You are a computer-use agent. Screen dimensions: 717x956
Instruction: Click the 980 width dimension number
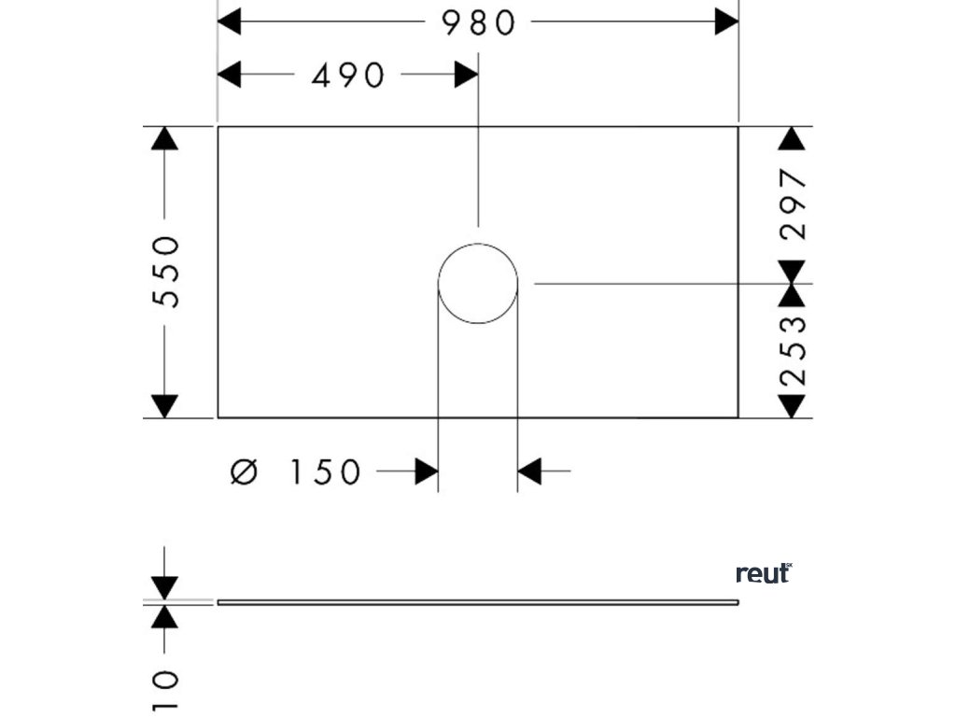tap(479, 23)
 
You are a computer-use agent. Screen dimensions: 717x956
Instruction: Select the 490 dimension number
tap(348, 76)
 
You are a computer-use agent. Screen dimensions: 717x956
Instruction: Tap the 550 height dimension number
tap(165, 272)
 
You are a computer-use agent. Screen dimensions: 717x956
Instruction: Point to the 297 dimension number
tap(793, 204)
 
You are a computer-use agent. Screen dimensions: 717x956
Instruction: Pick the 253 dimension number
tap(793, 351)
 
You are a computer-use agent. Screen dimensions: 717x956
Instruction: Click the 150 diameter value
tap(323, 472)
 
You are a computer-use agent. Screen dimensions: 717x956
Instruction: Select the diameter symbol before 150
tap(242, 472)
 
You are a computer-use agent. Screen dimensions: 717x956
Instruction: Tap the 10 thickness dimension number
tap(165, 690)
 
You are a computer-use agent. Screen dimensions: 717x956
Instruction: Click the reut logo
tap(763, 573)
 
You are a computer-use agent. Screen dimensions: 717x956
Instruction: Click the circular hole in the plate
tap(478, 284)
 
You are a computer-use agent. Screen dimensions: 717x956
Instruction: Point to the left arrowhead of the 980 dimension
tap(230, 22)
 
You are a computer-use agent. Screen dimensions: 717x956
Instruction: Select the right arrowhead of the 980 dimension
tap(726, 22)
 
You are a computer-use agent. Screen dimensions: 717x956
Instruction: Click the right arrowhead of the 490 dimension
tap(466, 75)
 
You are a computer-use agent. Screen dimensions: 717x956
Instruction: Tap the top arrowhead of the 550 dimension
tap(165, 138)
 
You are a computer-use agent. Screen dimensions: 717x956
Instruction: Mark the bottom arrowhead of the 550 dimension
tap(165, 406)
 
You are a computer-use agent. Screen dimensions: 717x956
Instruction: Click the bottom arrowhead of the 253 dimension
tap(793, 406)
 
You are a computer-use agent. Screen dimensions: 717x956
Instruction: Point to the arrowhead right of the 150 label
tap(427, 472)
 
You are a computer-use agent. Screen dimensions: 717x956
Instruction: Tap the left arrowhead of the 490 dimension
tap(230, 75)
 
